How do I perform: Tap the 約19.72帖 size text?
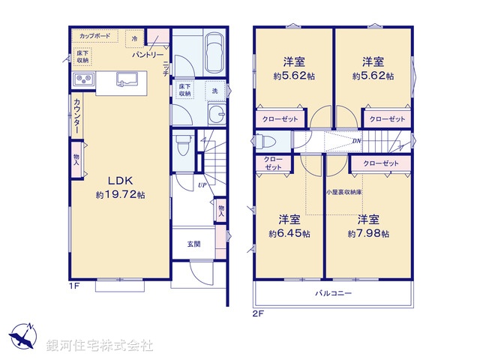(x=119, y=195)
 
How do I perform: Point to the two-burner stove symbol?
(x=83, y=80)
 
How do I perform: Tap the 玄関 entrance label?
(x=194, y=244)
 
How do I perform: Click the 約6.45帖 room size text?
(x=289, y=233)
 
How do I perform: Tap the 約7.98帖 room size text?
(x=367, y=233)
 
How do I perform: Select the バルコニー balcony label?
(x=333, y=293)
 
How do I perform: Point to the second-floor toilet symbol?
(x=267, y=140)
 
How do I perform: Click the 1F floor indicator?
(x=73, y=286)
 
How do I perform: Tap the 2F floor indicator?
(x=257, y=314)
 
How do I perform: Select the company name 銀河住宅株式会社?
(x=100, y=346)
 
